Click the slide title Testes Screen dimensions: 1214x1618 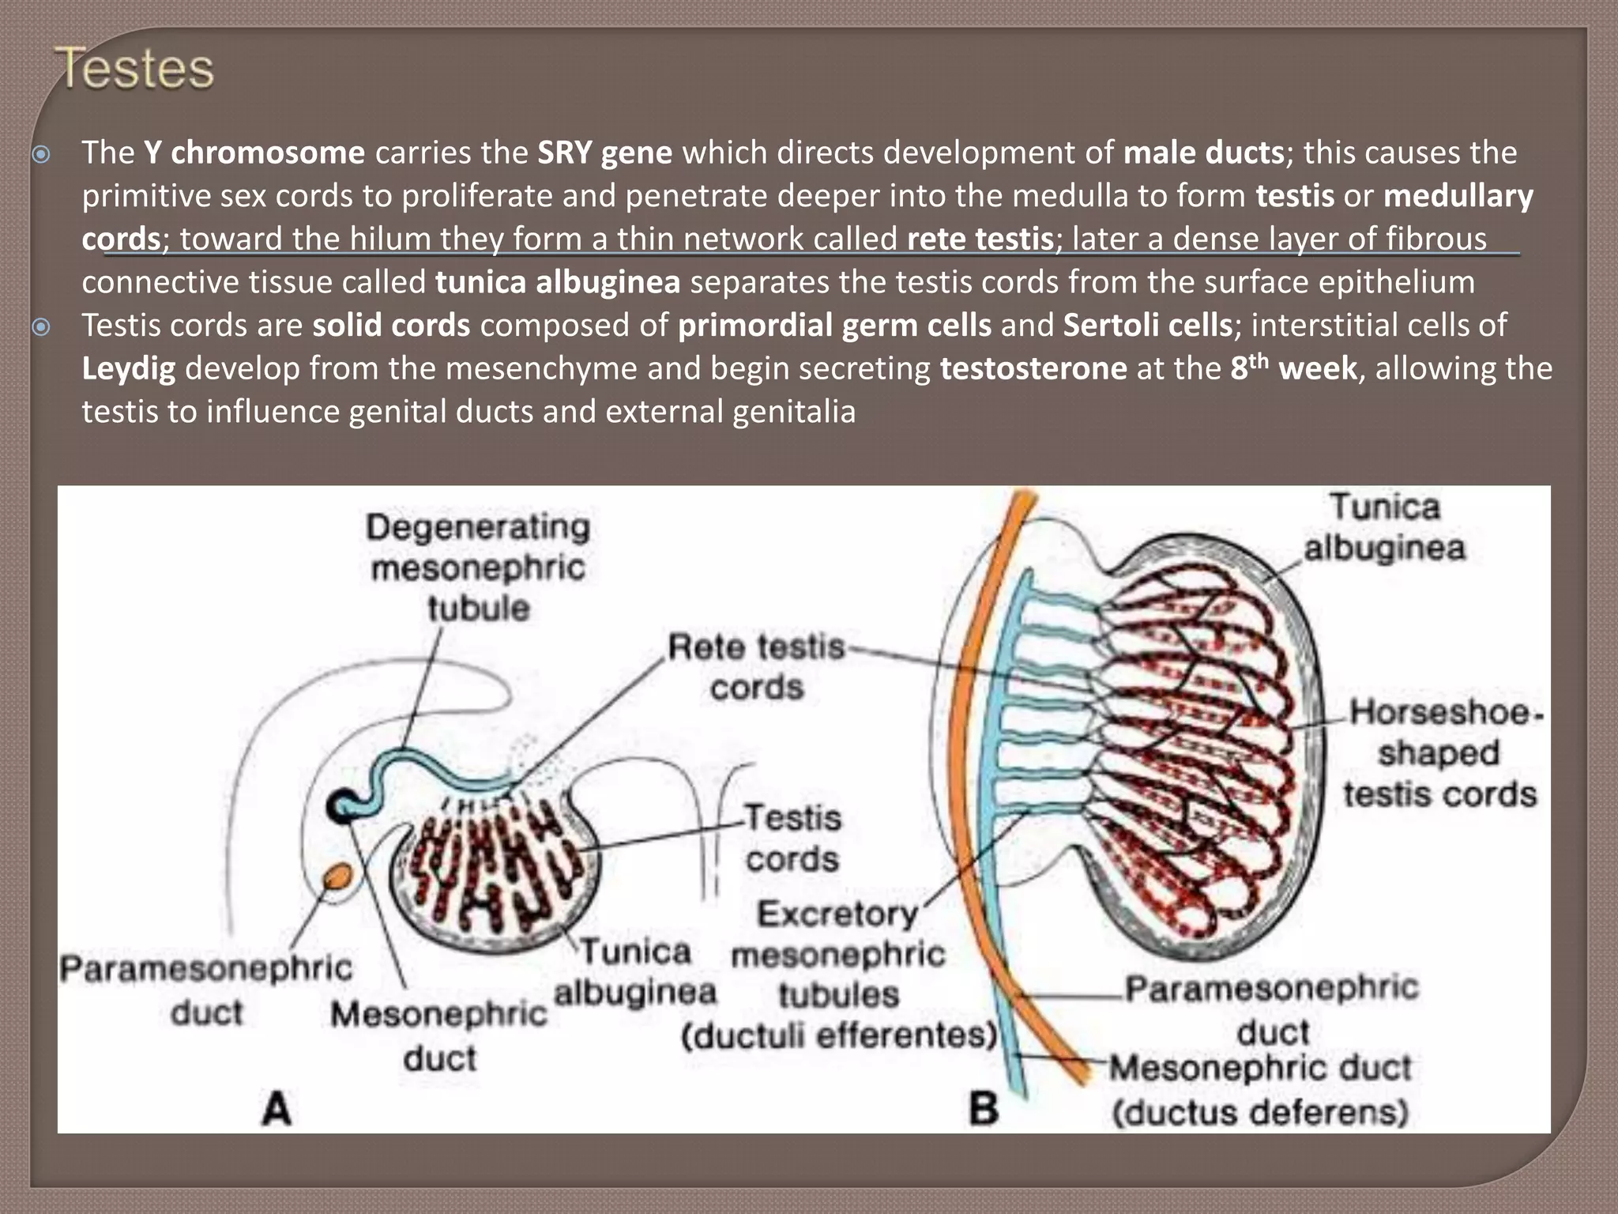(134, 69)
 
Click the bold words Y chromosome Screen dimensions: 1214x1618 (254, 153)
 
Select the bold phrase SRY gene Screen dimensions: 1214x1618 (605, 153)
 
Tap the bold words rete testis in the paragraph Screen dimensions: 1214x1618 (980, 239)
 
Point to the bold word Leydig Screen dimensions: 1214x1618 (129, 368)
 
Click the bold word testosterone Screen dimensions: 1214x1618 (1033, 368)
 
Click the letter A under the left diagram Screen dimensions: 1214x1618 (277, 1108)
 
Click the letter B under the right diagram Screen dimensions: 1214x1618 (984, 1108)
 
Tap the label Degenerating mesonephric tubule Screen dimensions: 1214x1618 (478, 567)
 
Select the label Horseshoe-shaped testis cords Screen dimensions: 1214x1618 (1440, 753)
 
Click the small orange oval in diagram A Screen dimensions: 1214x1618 (338, 876)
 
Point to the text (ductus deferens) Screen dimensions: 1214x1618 (1260, 1113)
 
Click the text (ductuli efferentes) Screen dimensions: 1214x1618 (839, 1035)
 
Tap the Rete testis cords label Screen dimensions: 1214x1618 (757, 667)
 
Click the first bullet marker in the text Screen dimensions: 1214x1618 (41, 153)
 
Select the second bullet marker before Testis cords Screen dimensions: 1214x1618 (41, 326)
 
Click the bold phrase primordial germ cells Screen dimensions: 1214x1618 (834, 325)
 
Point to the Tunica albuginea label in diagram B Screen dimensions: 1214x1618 (1384, 527)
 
